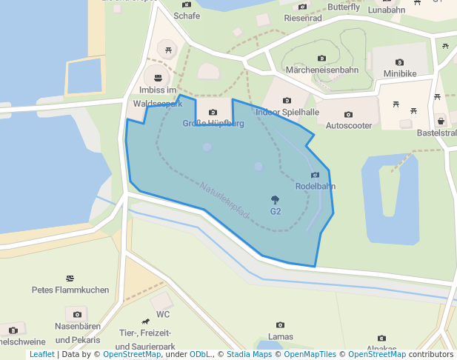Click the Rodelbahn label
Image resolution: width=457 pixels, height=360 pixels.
coord(316,187)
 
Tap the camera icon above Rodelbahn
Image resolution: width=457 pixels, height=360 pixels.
coord(316,175)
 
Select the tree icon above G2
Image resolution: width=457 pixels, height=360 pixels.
coord(276,199)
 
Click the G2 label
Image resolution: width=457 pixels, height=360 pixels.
coord(276,211)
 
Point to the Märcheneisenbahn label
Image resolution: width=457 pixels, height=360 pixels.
coord(322,70)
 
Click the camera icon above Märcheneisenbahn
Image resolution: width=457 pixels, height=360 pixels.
coord(322,58)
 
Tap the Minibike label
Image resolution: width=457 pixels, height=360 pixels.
coord(400,74)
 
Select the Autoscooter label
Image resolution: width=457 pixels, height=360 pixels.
coord(349,127)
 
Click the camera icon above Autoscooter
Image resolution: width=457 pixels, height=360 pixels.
coord(349,115)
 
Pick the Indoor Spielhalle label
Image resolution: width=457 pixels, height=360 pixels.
coord(287,113)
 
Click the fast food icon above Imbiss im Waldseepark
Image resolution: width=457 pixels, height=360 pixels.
coord(157,77)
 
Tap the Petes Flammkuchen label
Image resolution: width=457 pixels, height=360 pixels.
coord(70,290)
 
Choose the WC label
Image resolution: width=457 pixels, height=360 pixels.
coord(164,314)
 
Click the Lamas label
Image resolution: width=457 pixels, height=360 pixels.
coord(280,337)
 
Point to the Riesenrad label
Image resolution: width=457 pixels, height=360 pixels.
coord(303,18)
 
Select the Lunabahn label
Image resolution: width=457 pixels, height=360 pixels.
coord(386,10)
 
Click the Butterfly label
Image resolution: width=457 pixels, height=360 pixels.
coord(344,7)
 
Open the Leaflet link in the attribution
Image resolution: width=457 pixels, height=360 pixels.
coord(42,354)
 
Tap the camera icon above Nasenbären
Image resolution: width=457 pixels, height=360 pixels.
coord(77,315)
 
